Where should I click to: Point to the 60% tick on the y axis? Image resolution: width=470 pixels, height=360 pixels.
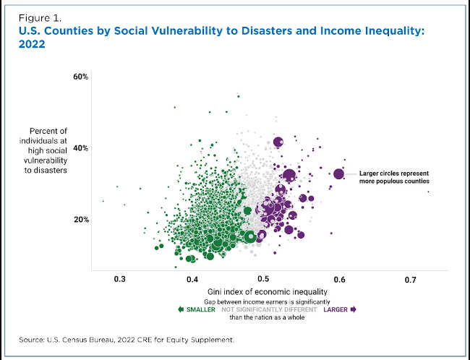click(80, 77)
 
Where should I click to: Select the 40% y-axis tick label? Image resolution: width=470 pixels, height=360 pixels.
click(80, 148)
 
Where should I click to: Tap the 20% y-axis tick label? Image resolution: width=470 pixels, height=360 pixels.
click(80, 220)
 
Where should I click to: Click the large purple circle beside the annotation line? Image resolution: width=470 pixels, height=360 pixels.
click(338, 173)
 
